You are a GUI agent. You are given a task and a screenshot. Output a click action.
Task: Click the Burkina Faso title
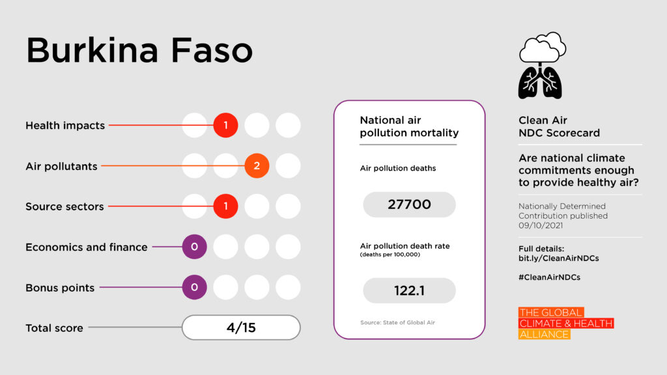[x=139, y=50]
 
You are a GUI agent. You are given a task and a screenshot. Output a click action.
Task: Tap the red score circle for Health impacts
[x=225, y=125]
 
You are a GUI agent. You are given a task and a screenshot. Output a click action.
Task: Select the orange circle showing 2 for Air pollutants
[x=257, y=166]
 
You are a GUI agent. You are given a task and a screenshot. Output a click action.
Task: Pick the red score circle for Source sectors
[x=225, y=206]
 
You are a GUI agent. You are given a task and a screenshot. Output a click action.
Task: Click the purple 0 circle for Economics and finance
[x=194, y=247]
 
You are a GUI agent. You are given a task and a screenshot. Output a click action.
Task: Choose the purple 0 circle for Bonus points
[x=194, y=287]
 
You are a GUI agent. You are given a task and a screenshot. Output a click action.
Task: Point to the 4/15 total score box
[x=241, y=327]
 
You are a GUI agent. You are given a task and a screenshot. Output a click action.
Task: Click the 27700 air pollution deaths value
[x=409, y=204]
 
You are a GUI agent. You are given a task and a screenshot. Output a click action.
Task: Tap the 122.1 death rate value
[x=409, y=290]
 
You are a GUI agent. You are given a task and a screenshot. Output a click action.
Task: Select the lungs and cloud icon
[x=541, y=66]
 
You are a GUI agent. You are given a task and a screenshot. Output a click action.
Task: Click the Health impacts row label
[x=65, y=126]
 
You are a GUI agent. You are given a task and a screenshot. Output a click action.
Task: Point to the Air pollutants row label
[x=61, y=166]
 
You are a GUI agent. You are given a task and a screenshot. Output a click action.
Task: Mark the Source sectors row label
[x=64, y=206]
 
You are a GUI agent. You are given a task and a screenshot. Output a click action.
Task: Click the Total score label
[x=54, y=328]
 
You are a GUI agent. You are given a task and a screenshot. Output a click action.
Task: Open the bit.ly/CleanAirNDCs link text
[x=558, y=258]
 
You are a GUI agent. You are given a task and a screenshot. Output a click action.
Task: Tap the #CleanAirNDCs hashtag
[x=549, y=277]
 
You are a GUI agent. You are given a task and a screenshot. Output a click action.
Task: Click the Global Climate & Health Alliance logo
[x=565, y=324]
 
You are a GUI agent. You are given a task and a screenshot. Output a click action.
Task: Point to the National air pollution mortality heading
[x=409, y=127]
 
